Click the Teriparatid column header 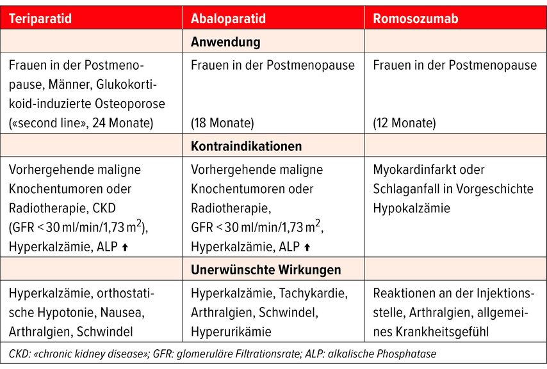coord(40,19)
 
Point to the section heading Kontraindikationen coord(246,146)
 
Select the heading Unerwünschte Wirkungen coord(266,269)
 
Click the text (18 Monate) coord(222,122)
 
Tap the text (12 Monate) coord(404,122)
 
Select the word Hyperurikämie coord(231,331)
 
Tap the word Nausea coord(125,312)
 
